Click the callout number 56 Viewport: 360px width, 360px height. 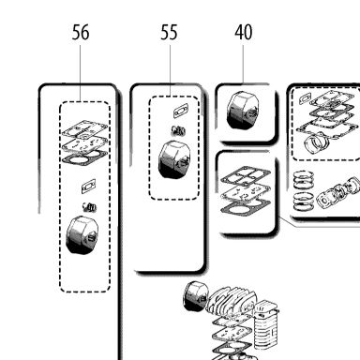coord(81,33)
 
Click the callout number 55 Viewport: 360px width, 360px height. coord(169,33)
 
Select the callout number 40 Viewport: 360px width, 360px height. coord(244,33)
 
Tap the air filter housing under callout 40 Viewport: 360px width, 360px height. coord(244,111)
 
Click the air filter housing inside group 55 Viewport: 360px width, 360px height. coord(174,159)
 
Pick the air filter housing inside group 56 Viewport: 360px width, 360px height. coord(82,234)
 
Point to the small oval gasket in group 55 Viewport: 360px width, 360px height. coord(181,111)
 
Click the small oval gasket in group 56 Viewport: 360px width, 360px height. coord(89,187)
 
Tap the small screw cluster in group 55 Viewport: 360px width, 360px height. coord(178,130)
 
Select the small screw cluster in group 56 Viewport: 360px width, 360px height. coord(89,206)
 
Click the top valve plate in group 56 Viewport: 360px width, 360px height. coord(84,129)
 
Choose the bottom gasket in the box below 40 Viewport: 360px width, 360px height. coord(246,206)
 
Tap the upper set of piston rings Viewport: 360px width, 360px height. coord(304,180)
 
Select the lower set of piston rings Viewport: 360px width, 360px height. coord(304,202)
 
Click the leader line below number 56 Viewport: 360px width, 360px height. coord(81,73)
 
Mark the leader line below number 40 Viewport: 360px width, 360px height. coord(244,64)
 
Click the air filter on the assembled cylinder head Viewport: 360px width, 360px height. coord(195,296)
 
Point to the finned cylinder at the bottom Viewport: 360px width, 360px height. coord(266,325)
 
